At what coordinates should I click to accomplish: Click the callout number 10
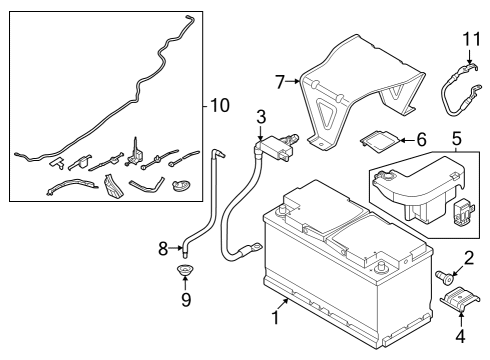point(220,105)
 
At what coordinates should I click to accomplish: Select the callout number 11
point(472,39)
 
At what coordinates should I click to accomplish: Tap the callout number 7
point(280,82)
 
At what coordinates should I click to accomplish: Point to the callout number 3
point(261,117)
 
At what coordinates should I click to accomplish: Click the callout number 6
point(422,139)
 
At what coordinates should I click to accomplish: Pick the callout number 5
point(457,138)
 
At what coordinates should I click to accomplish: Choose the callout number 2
point(469,258)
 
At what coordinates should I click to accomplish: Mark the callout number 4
point(460,336)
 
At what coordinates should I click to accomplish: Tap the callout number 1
point(275,317)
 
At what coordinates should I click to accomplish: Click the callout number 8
point(163,248)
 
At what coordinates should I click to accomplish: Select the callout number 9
point(186,300)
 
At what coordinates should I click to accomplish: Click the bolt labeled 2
point(444,277)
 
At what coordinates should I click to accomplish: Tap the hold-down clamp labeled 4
point(460,297)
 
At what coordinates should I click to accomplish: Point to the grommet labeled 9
point(185,269)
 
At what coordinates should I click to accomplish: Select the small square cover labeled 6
point(379,141)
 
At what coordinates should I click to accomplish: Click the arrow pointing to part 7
point(293,81)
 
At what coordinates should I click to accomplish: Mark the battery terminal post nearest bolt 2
point(380,266)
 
